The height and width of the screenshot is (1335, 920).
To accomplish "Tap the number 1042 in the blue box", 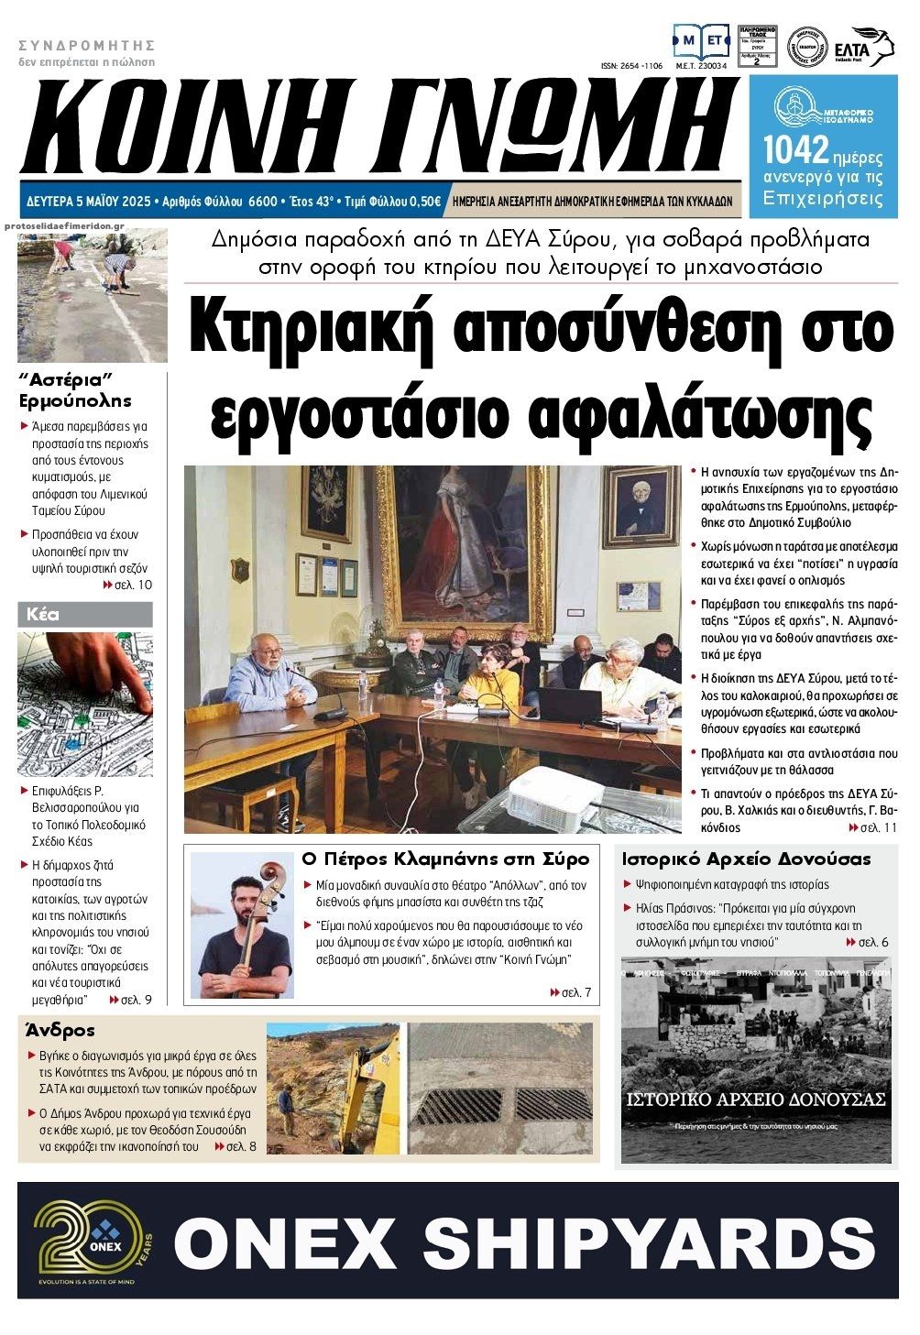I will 795,148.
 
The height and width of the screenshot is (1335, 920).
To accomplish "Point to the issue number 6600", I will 262,201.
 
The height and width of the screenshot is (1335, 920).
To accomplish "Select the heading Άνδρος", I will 61,1030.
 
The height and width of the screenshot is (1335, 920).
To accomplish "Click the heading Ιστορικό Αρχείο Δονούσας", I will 746,859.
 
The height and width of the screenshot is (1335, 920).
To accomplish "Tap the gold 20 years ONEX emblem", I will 87,1239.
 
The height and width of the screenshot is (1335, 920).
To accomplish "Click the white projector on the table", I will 543,791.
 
